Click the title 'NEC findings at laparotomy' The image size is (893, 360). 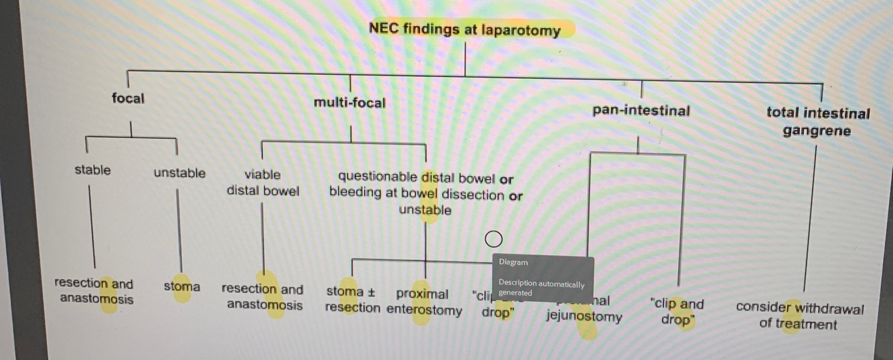pyautogui.click(x=465, y=29)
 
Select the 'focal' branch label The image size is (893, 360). pyautogui.click(x=128, y=98)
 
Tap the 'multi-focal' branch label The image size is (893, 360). pyautogui.click(x=349, y=103)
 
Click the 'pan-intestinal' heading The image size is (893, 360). pyautogui.click(x=641, y=110)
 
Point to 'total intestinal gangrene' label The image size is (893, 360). pyautogui.click(x=818, y=122)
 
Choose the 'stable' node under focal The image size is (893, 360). pyautogui.click(x=92, y=170)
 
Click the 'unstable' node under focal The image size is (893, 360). pyautogui.click(x=179, y=173)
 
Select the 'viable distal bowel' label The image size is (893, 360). pyautogui.click(x=263, y=182)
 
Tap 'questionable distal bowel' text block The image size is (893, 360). pyautogui.click(x=426, y=194)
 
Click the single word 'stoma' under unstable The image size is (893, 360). pyautogui.click(x=182, y=287)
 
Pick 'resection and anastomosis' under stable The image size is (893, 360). pyautogui.click(x=96, y=291)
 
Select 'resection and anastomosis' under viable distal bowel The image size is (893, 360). pyautogui.click(x=263, y=297)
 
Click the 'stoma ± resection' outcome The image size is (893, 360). pyautogui.click(x=352, y=300)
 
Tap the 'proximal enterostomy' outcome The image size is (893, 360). pyautogui.click(x=424, y=302)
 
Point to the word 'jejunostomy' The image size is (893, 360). pyautogui.click(x=584, y=317)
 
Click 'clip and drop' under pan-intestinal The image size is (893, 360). pyautogui.click(x=677, y=311)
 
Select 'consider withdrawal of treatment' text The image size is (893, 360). pyautogui.click(x=800, y=317)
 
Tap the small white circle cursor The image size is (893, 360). pyautogui.click(x=493, y=239)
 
